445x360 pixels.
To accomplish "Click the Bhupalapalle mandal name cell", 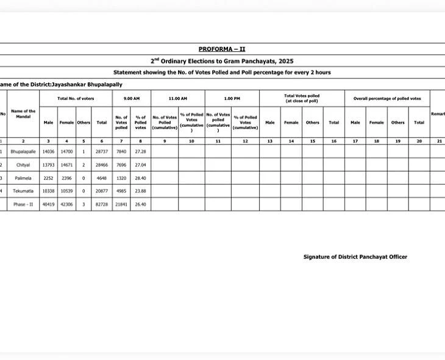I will coord(23,151).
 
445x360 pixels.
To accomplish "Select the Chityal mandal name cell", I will coord(23,164).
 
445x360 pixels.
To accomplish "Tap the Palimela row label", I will coord(23,178).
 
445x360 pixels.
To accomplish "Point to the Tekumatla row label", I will coord(23,191).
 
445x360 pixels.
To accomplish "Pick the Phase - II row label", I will coord(23,205).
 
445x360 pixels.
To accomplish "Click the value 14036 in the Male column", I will coord(49,151).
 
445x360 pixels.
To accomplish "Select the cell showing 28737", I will coord(102,151).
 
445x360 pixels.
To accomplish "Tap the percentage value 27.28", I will coord(140,151).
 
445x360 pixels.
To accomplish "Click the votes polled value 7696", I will coord(121,164).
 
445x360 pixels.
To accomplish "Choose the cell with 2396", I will coord(66,178).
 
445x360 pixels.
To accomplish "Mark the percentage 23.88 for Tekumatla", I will coord(140,191).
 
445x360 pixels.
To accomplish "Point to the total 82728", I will coord(102,205).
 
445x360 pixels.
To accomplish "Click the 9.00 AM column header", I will coord(132,98).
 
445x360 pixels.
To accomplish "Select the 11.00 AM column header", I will coord(177,98).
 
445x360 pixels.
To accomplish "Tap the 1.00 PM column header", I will coord(232,98).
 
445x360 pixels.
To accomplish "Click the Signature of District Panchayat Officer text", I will coord(355,257).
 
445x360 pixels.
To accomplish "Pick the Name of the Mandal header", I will coord(23,114).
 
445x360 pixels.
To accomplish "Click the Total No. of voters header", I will coord(76,98).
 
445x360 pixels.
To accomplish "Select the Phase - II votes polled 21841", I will coord(121,205).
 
